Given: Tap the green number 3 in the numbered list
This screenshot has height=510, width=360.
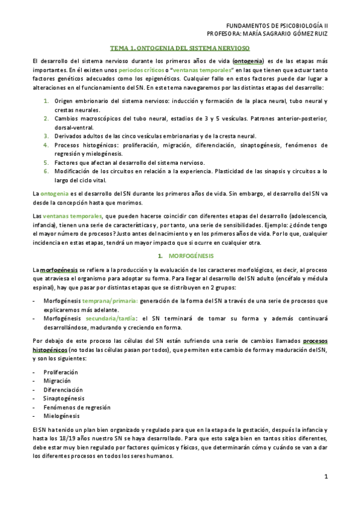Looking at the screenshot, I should coord(46,137).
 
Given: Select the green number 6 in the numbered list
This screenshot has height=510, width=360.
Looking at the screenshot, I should coord(46,171).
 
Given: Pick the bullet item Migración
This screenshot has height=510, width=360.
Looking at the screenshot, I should coord(56,381).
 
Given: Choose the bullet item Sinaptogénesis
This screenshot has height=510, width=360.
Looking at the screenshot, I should coord(63,398).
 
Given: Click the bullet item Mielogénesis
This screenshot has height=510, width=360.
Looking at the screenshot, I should coord(61,416).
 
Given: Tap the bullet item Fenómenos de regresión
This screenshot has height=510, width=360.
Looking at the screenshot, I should coord(73,407).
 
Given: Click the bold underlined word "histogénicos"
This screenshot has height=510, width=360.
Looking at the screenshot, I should coord(50,349).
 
